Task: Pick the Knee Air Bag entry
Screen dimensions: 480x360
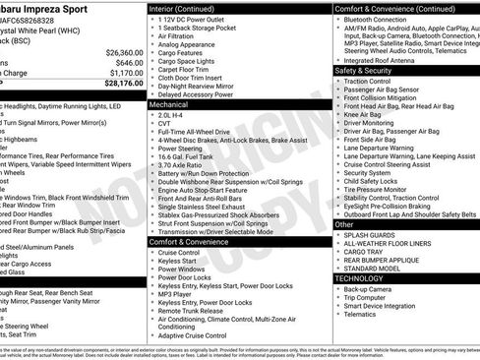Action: (x=365, y=114)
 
